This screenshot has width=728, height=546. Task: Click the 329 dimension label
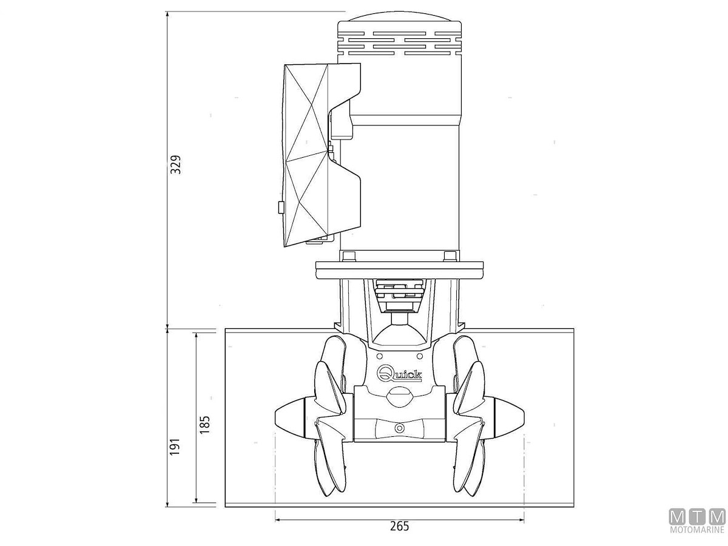pos(175,164)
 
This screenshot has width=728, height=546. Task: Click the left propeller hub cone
pos(289,420)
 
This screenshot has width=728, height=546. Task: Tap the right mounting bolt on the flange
pos(450,256)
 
